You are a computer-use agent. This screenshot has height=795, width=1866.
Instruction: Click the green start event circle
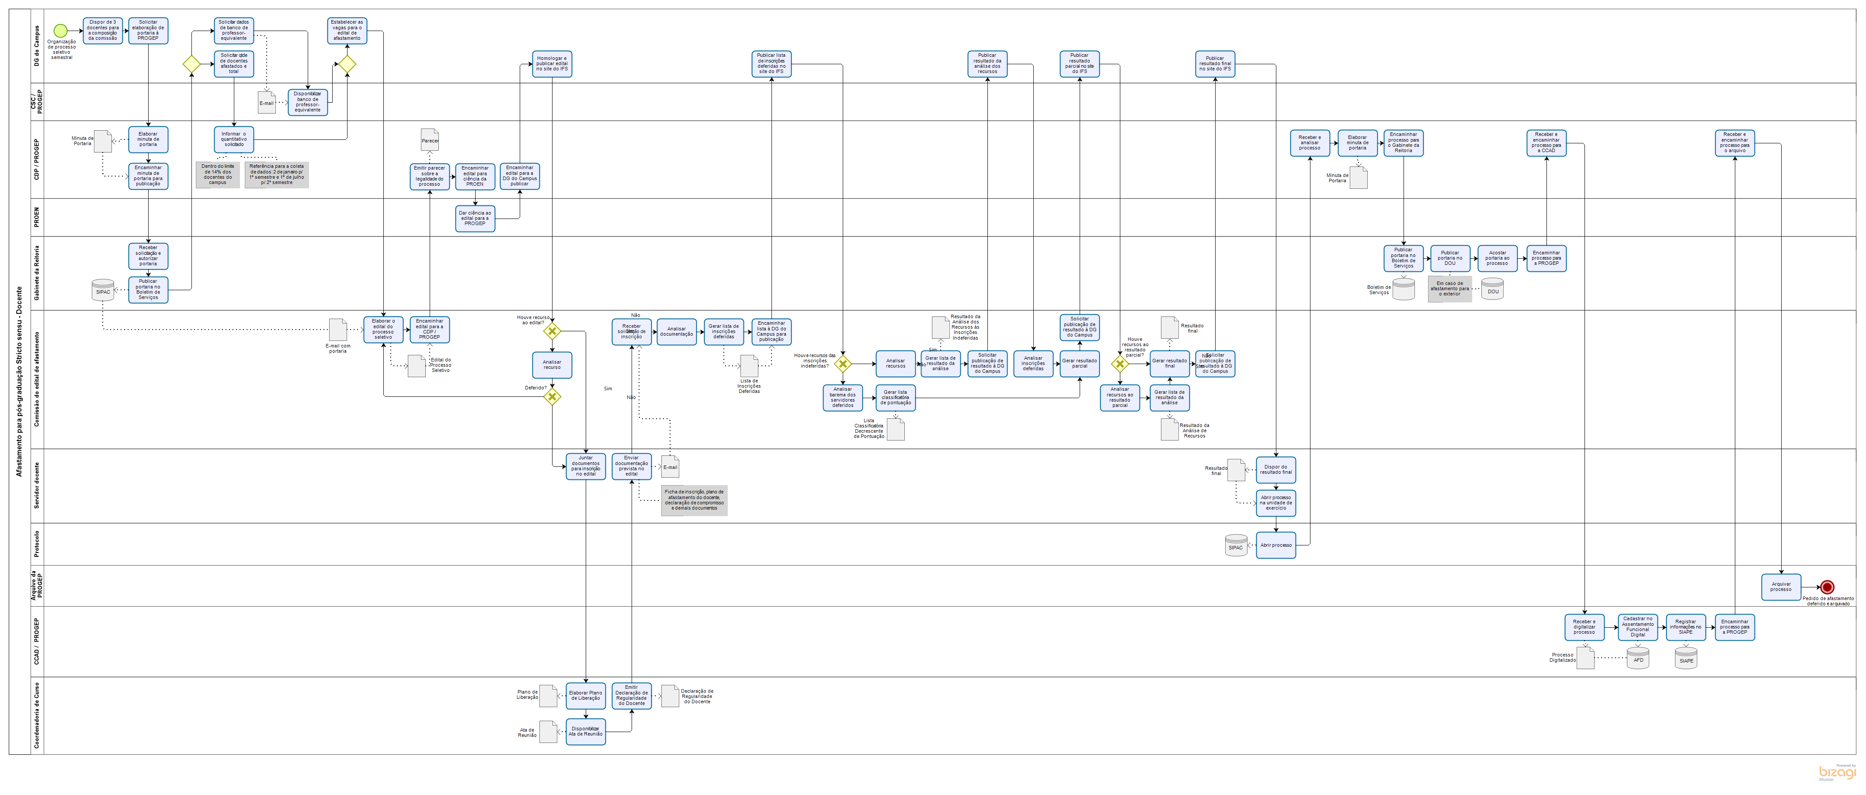60,31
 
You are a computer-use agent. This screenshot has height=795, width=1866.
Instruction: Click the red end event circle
1827,587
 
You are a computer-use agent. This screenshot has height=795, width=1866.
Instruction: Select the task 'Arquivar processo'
1780,587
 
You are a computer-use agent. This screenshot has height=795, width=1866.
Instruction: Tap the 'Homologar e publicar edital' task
552,64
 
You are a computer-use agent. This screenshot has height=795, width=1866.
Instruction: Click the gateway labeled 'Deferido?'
552,397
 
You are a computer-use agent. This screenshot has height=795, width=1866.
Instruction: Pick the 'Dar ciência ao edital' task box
474,218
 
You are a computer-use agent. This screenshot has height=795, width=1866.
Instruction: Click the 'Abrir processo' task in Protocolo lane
1275,545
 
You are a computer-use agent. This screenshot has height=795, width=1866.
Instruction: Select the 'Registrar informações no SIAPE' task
1685,627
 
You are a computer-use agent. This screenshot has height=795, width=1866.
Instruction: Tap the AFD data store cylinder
1638,658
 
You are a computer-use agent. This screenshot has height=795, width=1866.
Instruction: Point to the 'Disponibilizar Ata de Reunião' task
585,731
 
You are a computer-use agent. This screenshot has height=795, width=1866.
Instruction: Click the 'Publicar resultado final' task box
1215,64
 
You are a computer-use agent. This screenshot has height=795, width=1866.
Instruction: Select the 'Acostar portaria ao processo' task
1497,258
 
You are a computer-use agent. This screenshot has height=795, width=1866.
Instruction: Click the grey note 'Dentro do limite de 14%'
217,174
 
